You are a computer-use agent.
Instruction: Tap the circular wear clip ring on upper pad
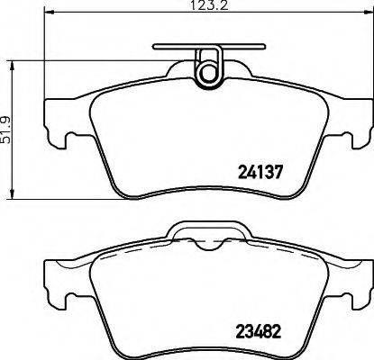pos(208,67)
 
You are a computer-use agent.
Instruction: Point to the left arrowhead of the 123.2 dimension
pos(45,18)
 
